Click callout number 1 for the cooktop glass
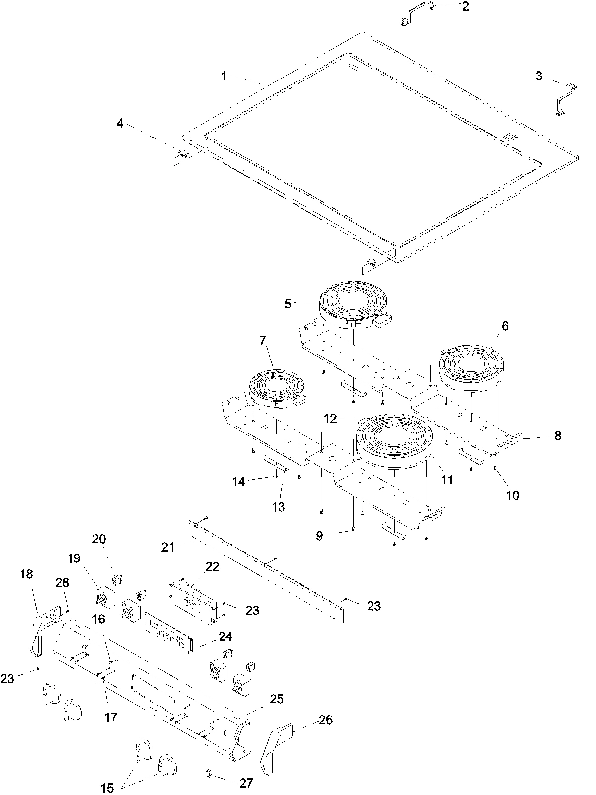[224, 76]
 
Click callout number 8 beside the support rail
[558, 436]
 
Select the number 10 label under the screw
[512, 495]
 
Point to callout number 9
[319, 535]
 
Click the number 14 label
[239, 481]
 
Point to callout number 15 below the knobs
[108, 788]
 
